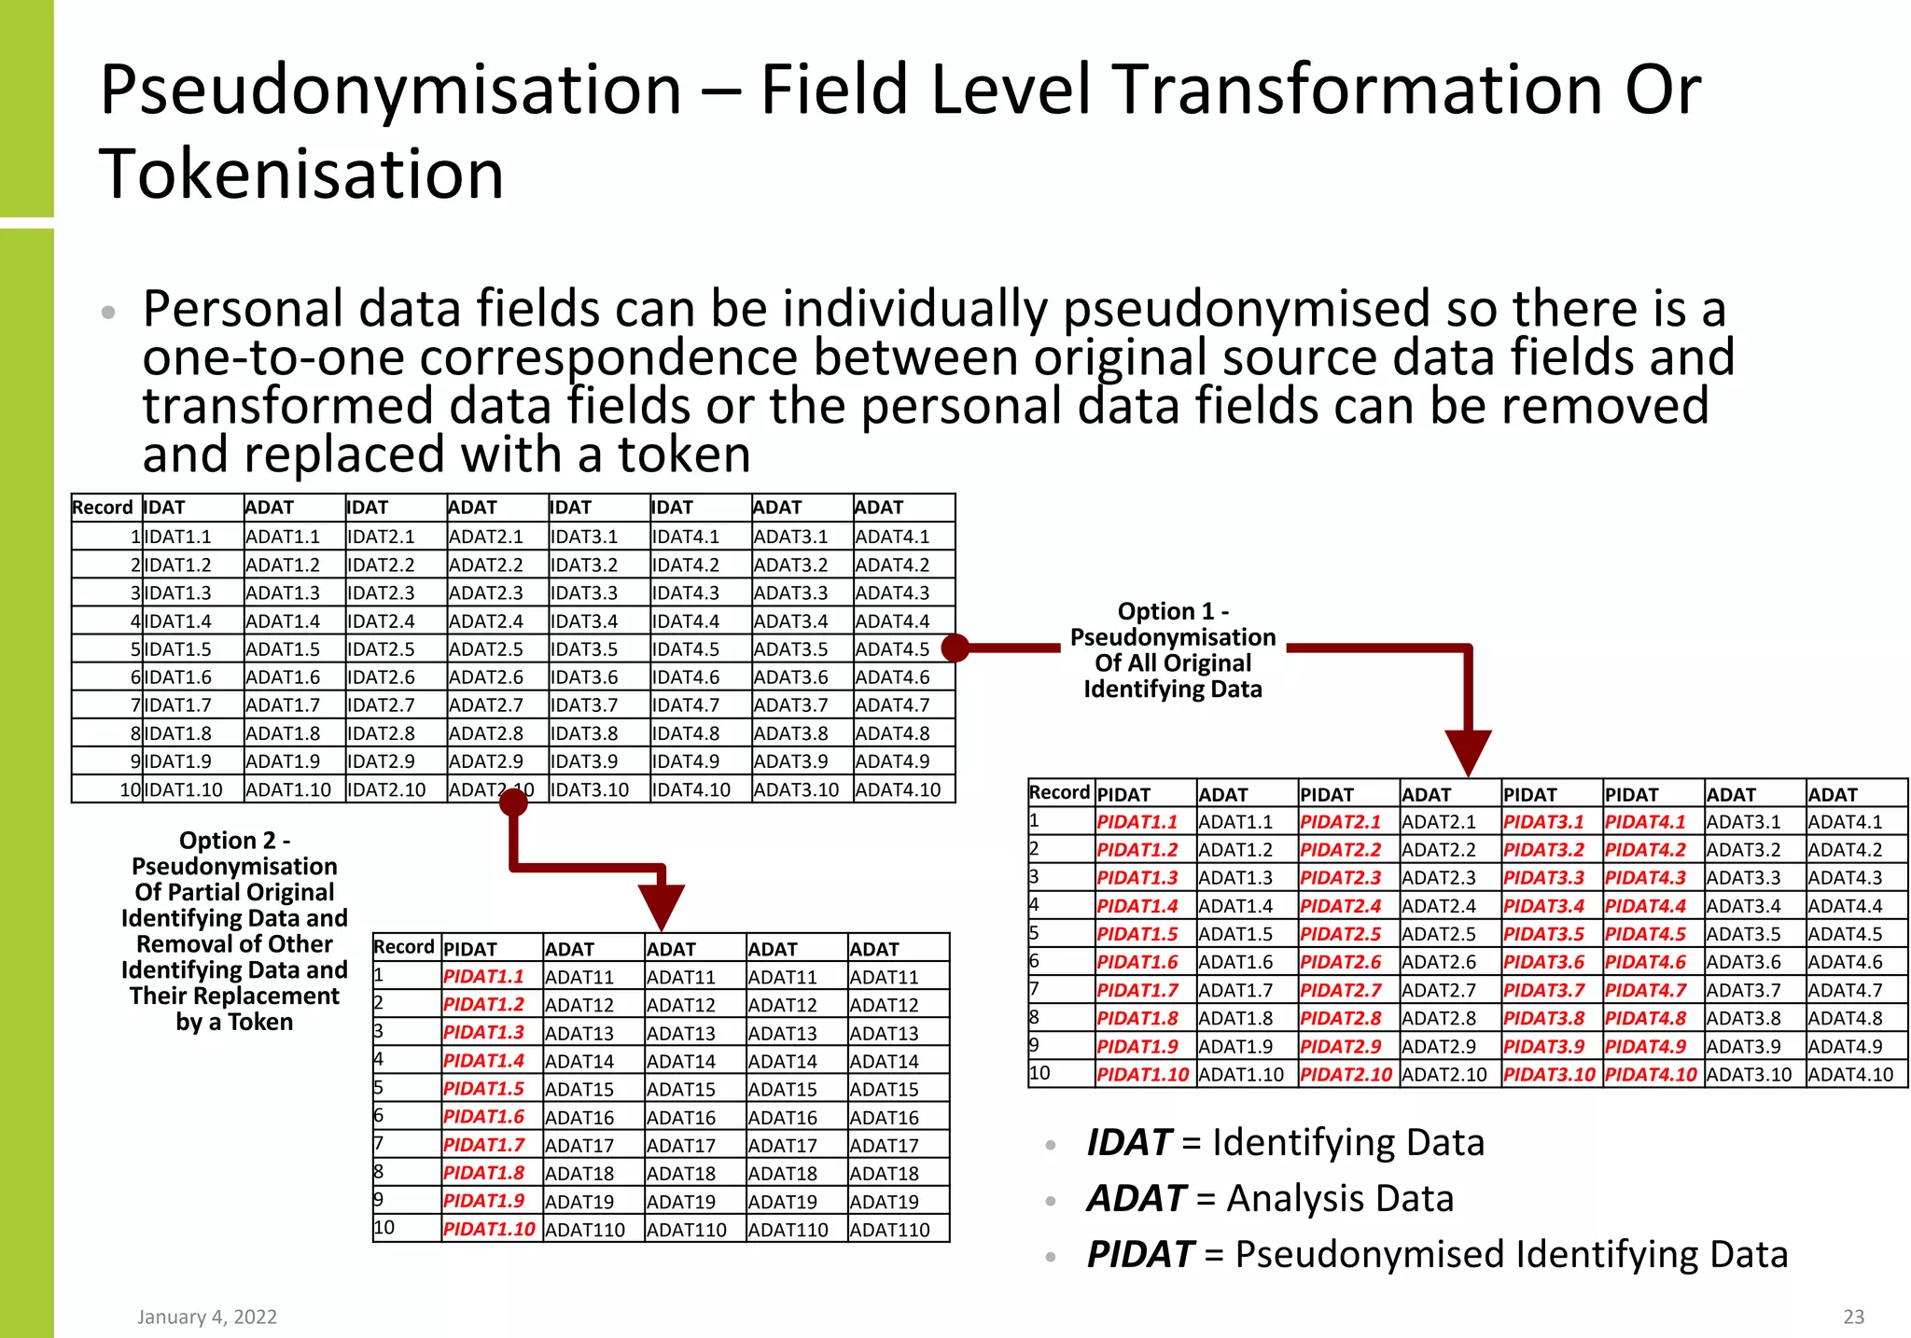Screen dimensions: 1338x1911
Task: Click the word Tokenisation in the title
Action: click(x=301, y=174)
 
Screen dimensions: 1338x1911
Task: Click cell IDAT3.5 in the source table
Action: click(x=584, y=649)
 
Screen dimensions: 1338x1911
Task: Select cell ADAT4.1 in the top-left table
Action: click(x=892, y=537)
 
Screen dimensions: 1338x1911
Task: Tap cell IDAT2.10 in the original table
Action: click(x=386, y=790)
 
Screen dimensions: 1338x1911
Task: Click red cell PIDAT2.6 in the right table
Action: click(x=1340, y=962)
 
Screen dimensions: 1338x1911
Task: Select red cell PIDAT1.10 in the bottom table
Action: click(x=489, y=1230)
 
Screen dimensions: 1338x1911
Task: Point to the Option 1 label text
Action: click(x=1172, y=650)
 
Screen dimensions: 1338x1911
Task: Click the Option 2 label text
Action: click(x=234, y=930)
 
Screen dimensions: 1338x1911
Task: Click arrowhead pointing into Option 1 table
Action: click(x=1468, y=751)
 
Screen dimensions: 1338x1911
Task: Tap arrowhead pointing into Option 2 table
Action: click(x=662, y=906)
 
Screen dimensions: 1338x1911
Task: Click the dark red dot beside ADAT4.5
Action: click(x=955, y=648)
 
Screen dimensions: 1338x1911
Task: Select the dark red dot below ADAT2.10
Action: click(x=513, y=802)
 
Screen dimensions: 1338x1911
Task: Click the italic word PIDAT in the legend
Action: click(x=1139, y=1255)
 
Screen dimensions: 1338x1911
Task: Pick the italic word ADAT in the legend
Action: click(x=1135, y=1199)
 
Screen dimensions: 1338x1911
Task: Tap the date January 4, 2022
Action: click(x=207, y=1317)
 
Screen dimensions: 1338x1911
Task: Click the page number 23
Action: click(x=1853, y=1317)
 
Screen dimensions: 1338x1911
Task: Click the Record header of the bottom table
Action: click(x=404, y=947)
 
